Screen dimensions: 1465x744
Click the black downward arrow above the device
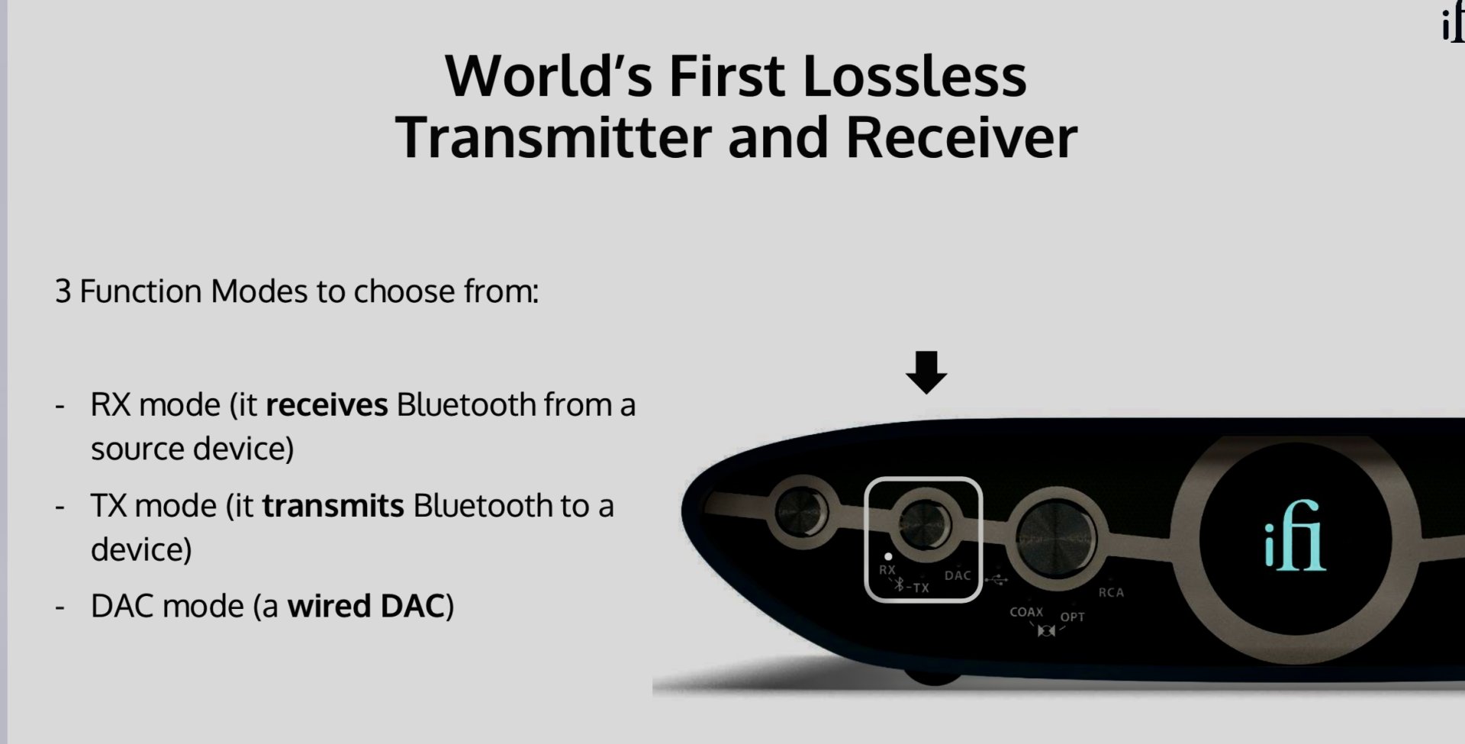pyautogui.click(x=926, y=372)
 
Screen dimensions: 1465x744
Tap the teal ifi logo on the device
pyautogui.click(x=1296, y=536)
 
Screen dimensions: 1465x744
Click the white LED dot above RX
pyautogui.click(x=887, y=556)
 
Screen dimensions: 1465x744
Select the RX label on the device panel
pyautogui.click(x=887, y=570)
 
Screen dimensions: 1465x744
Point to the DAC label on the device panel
pyautogui.click(x=958, y=575)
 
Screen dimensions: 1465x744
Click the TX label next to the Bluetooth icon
pyautogui.click(x=921, y=588)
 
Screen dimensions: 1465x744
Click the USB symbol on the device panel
pyautogui.click(x=996, y=580)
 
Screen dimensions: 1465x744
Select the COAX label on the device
pyautogui.click(x=1026, y=612)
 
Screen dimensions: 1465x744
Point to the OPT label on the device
pyautogui.click(x=1072, y=617)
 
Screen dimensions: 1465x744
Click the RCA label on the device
pyautogui.click(x=1111, y=592)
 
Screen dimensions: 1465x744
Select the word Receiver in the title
pyautogui.click(x=961, y=137)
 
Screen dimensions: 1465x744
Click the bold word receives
pyautogui.click(x=327, y=404)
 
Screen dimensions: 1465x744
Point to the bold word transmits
pyautogui.click(x=333, y=505)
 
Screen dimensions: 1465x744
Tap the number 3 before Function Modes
pyautogui.click(x=63, y=291)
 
